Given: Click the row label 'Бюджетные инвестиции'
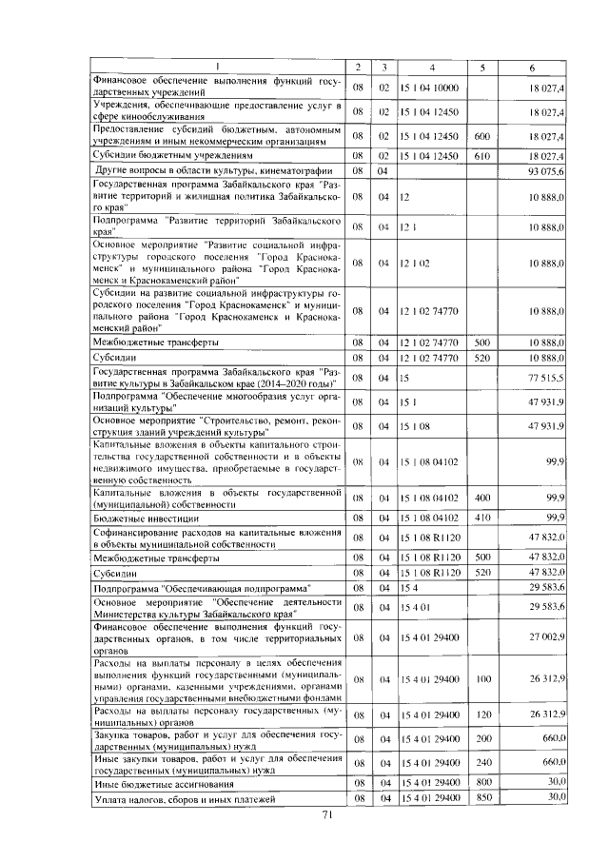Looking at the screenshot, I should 139,517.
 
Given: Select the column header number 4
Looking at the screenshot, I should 431,67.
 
